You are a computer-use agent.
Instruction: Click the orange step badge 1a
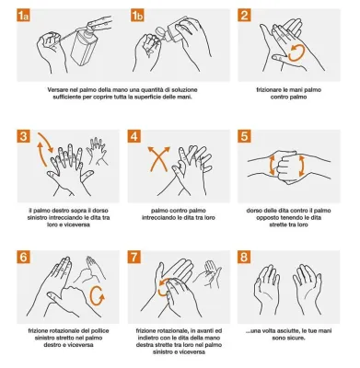23,15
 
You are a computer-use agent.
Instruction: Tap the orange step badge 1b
137,15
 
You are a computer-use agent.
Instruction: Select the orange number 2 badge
244,15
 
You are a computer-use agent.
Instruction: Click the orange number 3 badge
24,136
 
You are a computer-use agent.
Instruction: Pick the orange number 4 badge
134,136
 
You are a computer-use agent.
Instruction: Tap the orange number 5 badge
244,136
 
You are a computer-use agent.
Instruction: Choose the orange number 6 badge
24,257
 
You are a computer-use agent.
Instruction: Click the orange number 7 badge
134,257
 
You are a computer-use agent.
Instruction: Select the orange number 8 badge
244,257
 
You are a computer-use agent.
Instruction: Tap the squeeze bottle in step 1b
168,33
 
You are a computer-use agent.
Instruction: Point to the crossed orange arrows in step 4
158,158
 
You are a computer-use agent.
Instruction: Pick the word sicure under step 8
296,338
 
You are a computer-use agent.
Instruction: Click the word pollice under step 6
100,331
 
